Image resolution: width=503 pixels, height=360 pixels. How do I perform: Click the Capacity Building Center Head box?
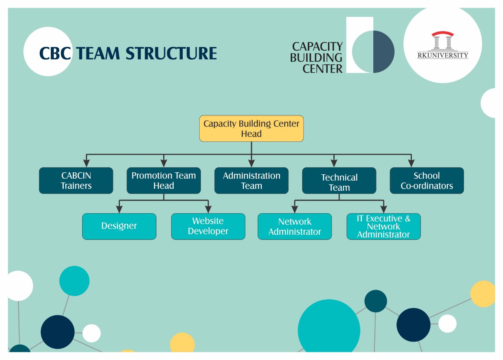(251, 128)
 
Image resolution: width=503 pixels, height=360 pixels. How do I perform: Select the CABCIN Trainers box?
(76, 181)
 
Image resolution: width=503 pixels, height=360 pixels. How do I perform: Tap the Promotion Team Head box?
(163, 181)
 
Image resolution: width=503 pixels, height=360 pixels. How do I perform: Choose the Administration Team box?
(251, 181)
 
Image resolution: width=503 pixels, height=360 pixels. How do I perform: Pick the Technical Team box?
(339, 181)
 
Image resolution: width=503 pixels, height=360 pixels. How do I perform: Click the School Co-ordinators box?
(427, 181)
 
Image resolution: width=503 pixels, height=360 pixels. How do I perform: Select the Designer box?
(119, 226)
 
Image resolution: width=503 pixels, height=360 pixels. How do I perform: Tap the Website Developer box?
(208, 226)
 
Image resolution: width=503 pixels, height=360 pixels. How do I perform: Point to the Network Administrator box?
(295, 226)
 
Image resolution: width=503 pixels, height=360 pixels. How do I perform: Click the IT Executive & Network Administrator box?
(384, 226)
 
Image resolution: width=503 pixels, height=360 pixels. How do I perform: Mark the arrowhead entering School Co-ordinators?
(411, 163)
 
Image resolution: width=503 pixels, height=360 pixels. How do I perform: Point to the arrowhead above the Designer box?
(119, 209)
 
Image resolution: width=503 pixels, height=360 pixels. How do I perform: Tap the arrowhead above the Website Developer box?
(208, 209)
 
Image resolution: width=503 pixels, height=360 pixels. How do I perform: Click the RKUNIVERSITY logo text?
(442, 55)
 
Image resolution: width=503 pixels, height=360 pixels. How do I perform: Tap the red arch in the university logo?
(442, 34)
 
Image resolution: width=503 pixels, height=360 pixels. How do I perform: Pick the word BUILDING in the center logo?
(316, 58)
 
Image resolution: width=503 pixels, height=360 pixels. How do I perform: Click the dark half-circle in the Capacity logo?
(383, 51)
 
